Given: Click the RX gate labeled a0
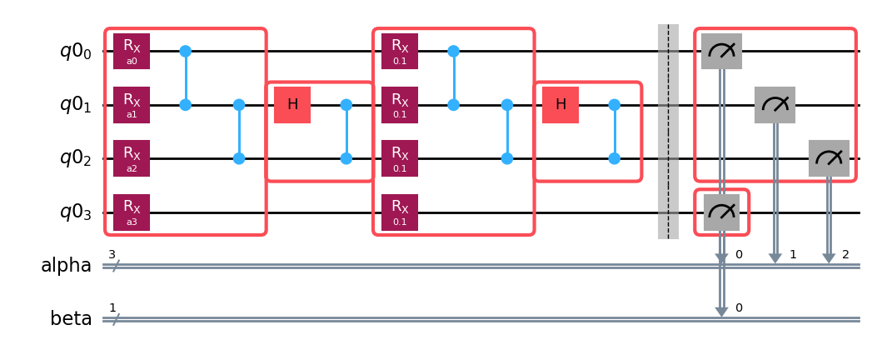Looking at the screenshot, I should pyautogui.click(x=132, y=52).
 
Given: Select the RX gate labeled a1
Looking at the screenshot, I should pyautogui.click(x=132, y=105).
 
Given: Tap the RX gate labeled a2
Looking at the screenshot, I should pyautogui.click(x=132, y=158).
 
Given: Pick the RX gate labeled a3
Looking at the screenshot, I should pyautogui.click(x=132, y=212).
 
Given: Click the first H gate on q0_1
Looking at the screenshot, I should pyautogui.click(x=292, y=105).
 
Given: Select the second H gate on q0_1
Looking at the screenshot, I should pyautogui.click(x=561, y=105).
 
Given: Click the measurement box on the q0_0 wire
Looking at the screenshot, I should pyautogui.click(x=721, y=52).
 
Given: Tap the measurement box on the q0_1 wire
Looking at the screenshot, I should pyautogui.click(x=775, y=105).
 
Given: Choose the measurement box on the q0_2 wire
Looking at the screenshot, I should pyautogui.click(x=829, y=158).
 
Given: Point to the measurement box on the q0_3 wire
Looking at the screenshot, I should pyautogui.click(x=721, y=212).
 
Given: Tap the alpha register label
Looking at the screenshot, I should pyautogui.click(x=66, y=266).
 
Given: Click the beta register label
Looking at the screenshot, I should pyautogui.click(x=71, y=319).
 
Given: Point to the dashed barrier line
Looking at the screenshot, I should pyautogui.click(x=668, y=132).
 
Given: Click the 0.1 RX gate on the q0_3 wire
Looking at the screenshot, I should pyautogui.click(x=400, y=212).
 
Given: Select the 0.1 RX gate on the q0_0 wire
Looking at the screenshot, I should pyautogui.click(x=400, y=52).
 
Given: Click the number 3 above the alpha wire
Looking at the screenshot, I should pyautogui.click(x=112, y=255).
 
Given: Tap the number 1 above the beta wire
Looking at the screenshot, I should pyautogui.click(x=112, y=308).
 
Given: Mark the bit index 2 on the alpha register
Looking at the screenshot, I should pyautogui.click(x=845, y=254).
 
